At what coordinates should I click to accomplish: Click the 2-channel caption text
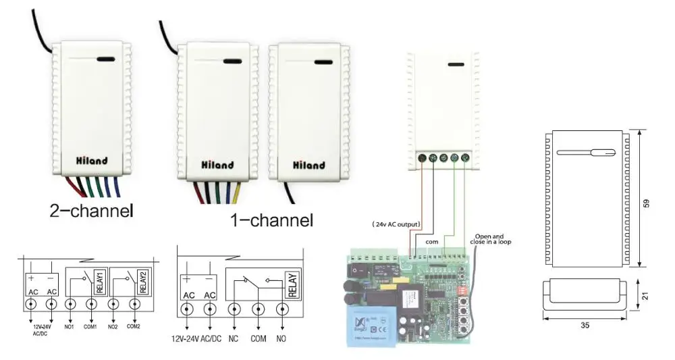coord(92,210)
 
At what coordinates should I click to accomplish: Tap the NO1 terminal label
coord(69,326)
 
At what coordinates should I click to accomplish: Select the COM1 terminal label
coord(90,326)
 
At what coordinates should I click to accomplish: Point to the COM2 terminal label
coord(133,326)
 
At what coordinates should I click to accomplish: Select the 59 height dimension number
coord(647,203)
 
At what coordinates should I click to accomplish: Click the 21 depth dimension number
coord(647,295)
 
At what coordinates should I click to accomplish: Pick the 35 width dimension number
coord(585,325)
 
